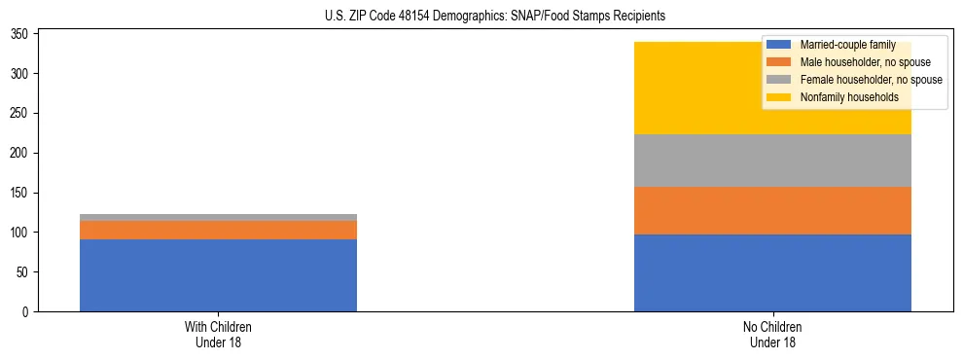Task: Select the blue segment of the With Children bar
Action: click(218, 275)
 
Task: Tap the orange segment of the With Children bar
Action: click(218, 230)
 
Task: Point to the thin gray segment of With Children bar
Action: click(218, 217)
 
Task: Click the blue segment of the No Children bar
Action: click(772, 272)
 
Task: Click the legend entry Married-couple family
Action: click(842, 45)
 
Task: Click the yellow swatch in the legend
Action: click(779, 97)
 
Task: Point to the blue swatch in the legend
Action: click(779, 45)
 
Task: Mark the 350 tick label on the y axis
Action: click(20, 34)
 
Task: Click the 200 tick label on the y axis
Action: click(20, 153)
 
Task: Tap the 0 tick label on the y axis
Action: click(26, 312)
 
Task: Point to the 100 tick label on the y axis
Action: click(20, 233)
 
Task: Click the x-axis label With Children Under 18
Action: click(218, 334)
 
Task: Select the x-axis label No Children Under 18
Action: click(772, 334)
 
